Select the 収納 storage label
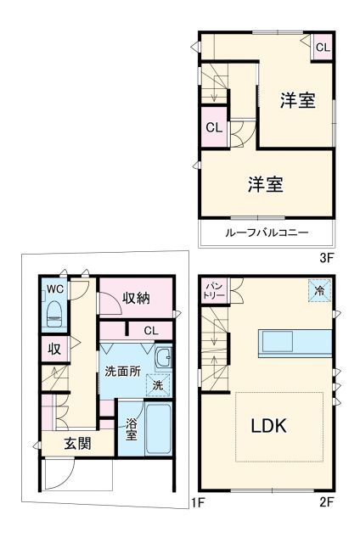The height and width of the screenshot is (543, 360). tap(136, 298)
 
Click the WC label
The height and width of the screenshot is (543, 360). tap(54, 288)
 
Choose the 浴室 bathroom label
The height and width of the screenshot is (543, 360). tap(132, 429)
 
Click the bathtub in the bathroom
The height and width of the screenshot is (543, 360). tap(160, 429)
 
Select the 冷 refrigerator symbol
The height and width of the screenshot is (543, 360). tap(320, 291)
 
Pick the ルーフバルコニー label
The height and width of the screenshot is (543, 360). tap(267, 232)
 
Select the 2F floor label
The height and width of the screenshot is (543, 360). tap(328, 501)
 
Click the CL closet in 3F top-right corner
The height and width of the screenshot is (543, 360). tap(323, 48)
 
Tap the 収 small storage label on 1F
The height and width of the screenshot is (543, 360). tap(53, 349)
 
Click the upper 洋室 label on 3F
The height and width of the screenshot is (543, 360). tap(299, 101)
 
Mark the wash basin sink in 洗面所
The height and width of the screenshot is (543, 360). tap(164, 358)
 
